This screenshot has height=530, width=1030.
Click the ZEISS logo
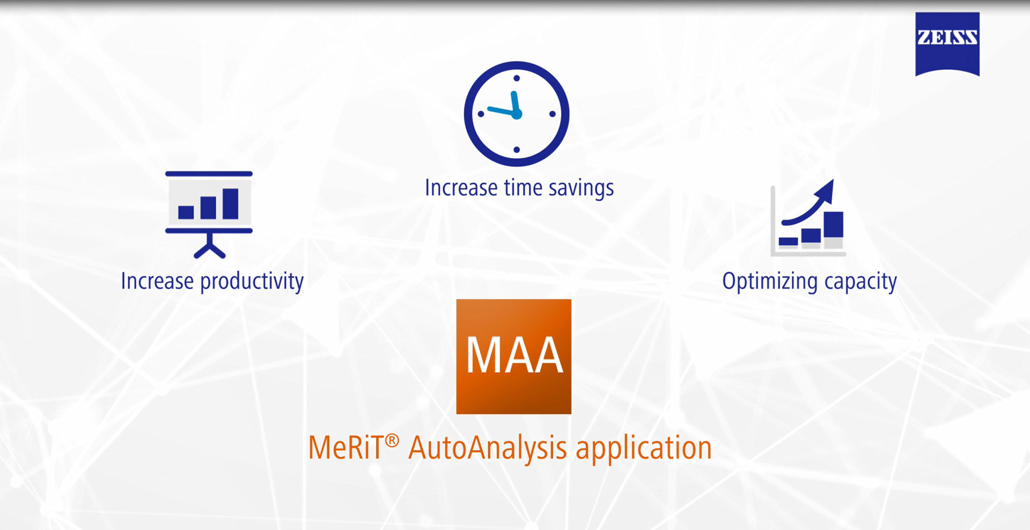tap(947, 44)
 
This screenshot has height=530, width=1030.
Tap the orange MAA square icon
tap(514, 356)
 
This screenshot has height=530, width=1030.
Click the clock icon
tap(517, 114)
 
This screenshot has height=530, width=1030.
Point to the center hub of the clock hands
tap(517, 114)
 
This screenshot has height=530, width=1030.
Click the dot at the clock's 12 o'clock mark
tap(517, 78)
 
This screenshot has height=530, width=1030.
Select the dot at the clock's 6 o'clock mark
tap(517, 150)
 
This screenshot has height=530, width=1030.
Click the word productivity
tap(252, 282)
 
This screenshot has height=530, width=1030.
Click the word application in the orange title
tap(644, 448)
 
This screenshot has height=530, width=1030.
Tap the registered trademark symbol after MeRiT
tap(392, 441)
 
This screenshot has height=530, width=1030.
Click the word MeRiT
tap(346, 448)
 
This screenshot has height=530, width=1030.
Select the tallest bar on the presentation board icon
tap(231, 204)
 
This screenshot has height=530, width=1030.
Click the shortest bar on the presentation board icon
tap(186, 212)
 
